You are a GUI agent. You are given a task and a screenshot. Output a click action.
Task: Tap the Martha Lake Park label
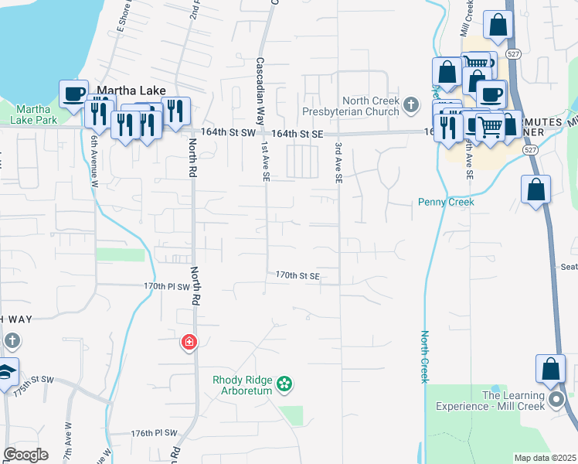coord(33,114)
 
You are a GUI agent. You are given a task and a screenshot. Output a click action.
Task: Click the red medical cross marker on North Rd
coord(189,342)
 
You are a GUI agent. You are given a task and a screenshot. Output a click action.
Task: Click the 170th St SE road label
coord(297,275)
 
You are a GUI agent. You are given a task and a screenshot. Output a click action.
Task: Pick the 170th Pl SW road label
coord(167,285)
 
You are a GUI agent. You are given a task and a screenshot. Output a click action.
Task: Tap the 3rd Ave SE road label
coord(338,162)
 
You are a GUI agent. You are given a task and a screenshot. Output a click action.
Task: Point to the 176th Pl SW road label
coord(154,433)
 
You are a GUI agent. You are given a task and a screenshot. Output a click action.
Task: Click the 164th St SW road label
coord(227,133)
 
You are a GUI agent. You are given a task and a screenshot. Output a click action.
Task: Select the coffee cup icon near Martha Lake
coord(74,94)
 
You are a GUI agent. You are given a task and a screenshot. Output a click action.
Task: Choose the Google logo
coord(25,455)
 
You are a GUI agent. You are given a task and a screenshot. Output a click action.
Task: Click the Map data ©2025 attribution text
coord(545,458)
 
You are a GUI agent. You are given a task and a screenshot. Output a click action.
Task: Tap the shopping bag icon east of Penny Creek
coord(536,189)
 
